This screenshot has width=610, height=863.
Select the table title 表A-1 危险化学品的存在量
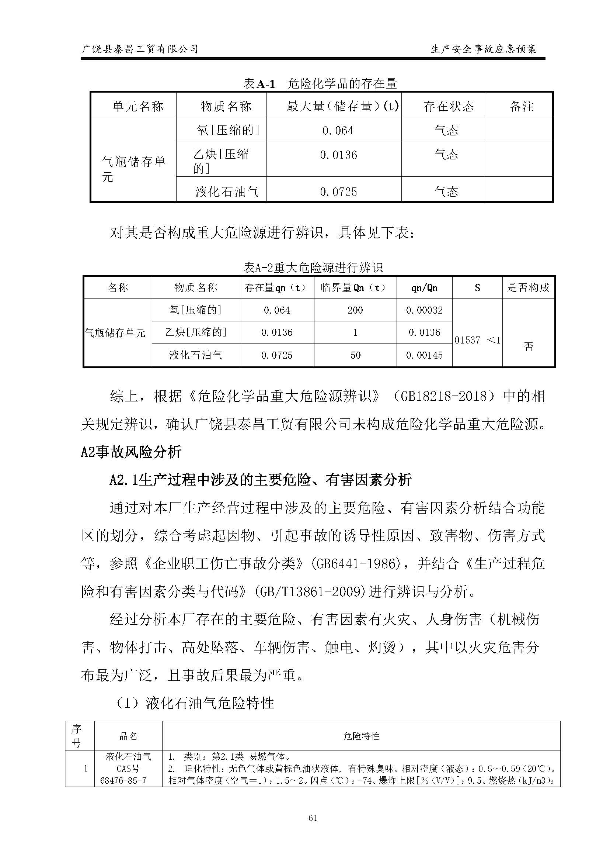(320, 83)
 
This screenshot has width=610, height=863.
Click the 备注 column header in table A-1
(522, 106)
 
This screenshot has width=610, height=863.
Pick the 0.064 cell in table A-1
(338, 131)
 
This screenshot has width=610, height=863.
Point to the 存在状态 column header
(449, 106)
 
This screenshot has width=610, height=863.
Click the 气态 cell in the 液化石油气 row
(446, 192)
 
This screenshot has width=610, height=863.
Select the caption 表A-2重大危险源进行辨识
(313, 268)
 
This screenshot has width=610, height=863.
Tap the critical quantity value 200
(355, 310)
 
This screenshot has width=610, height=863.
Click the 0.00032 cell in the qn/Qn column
(425, 310)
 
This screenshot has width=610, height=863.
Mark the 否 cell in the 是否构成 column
(529, 346)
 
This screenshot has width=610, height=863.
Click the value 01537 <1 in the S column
(477, 340)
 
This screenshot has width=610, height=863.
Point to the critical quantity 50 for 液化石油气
(355, 355)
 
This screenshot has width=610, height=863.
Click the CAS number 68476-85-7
(123, 780)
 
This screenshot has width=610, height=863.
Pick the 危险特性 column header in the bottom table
(361, 736)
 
